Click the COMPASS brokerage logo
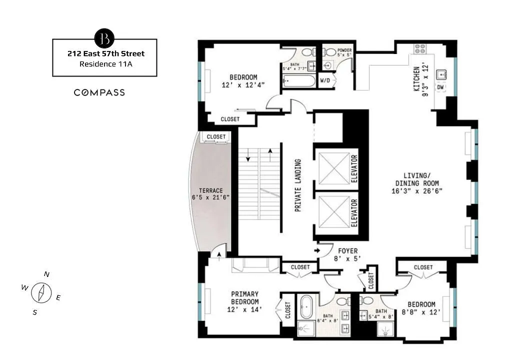[x=99, y=92]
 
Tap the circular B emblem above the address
[x=104, y=38]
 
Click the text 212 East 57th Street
[x=106, y=53]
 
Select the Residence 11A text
[x=105, y=64]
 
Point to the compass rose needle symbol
[x=41, y=292]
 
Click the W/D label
[x=325, y=81]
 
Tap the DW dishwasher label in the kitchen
[x=440, y=87]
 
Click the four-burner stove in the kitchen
[x=419, y=49]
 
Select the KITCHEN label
[x=417, y=79]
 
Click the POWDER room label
[x=344, y=50]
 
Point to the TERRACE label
[x=211, y=190]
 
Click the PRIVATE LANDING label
[x=297, y=185]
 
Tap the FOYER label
[x=348, y=251]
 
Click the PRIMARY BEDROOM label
[x=245, y=297]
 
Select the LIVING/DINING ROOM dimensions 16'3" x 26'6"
[x=417, y=191]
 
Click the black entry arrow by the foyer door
[x=317, y=250]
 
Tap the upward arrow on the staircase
[x=270, y=155]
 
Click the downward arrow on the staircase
[x=248, y=155]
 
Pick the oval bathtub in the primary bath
[x=306, y=307]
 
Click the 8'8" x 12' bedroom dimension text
[x=421, y=312]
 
